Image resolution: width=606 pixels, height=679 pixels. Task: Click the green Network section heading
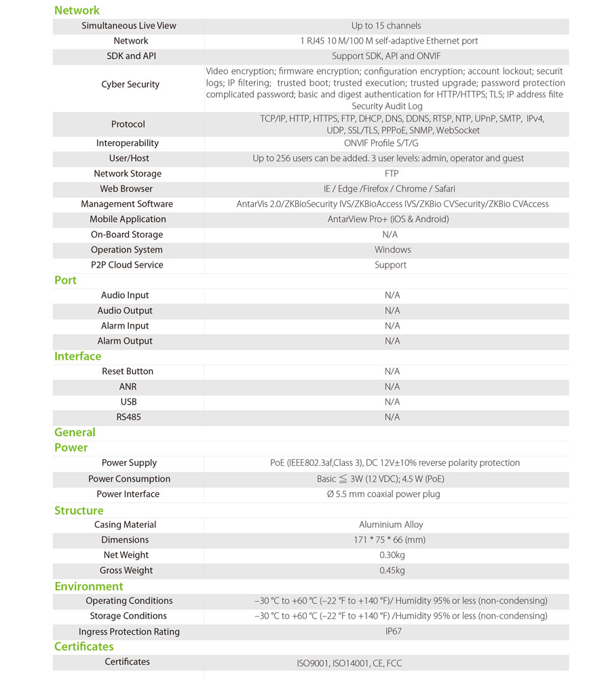[77, 10]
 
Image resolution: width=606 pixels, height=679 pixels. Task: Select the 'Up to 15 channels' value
[386, 26]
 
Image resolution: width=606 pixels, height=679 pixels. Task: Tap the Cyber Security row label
[130, 85]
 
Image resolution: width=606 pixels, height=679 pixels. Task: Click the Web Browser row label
[126, 189]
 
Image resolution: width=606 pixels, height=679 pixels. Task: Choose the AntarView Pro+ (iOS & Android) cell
[388, 219]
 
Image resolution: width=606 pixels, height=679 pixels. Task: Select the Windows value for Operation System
[392, 250]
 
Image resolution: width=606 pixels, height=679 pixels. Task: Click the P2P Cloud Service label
[127, 265]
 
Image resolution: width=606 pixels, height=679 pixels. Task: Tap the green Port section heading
[65, 280]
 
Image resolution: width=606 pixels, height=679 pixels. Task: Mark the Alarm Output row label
[125, 341]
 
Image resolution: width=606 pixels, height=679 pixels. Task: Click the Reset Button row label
[128, 371]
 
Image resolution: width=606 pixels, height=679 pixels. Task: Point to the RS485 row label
[128, 417]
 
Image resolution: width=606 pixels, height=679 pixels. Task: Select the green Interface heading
[77, 356]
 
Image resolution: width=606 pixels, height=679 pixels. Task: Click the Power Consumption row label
[129, 479]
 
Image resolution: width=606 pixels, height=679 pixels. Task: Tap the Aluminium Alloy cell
[390, 525]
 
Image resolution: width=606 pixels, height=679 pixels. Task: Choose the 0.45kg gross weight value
[392, 570]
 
